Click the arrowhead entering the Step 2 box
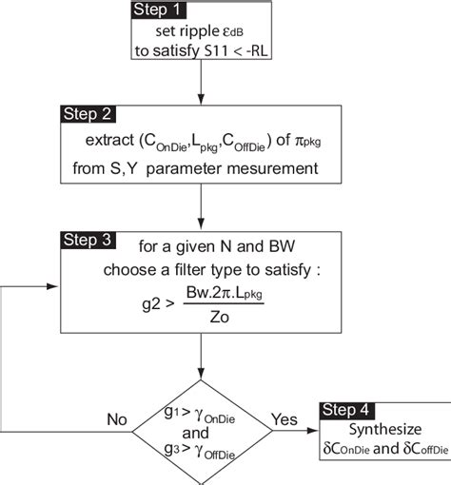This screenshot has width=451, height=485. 202,100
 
